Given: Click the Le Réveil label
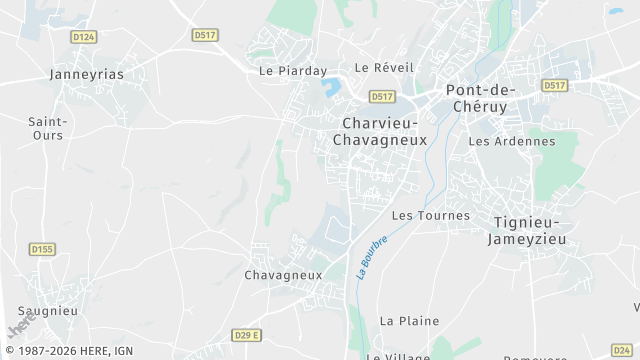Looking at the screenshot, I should click(x=384, y=67).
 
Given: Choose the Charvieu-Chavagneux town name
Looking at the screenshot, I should click(x=384, y=132).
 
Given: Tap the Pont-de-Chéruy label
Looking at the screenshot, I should click(x=481, y=98).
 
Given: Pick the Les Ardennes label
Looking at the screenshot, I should click(x=511, y=141).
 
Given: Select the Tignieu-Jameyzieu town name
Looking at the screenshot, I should click(x=529, y=231).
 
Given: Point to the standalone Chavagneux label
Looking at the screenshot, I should click(x=283, y=274).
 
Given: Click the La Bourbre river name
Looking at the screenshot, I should click(x=371, y=257).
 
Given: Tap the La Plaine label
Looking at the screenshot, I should click(x=409, y=321).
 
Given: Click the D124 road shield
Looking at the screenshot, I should click(x=84, y=37).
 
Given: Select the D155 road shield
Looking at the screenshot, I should click(x=42, y=249).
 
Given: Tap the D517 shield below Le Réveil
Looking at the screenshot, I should click(x=381, y=96).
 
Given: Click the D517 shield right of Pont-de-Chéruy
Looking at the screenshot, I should click(x=555, y=86).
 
